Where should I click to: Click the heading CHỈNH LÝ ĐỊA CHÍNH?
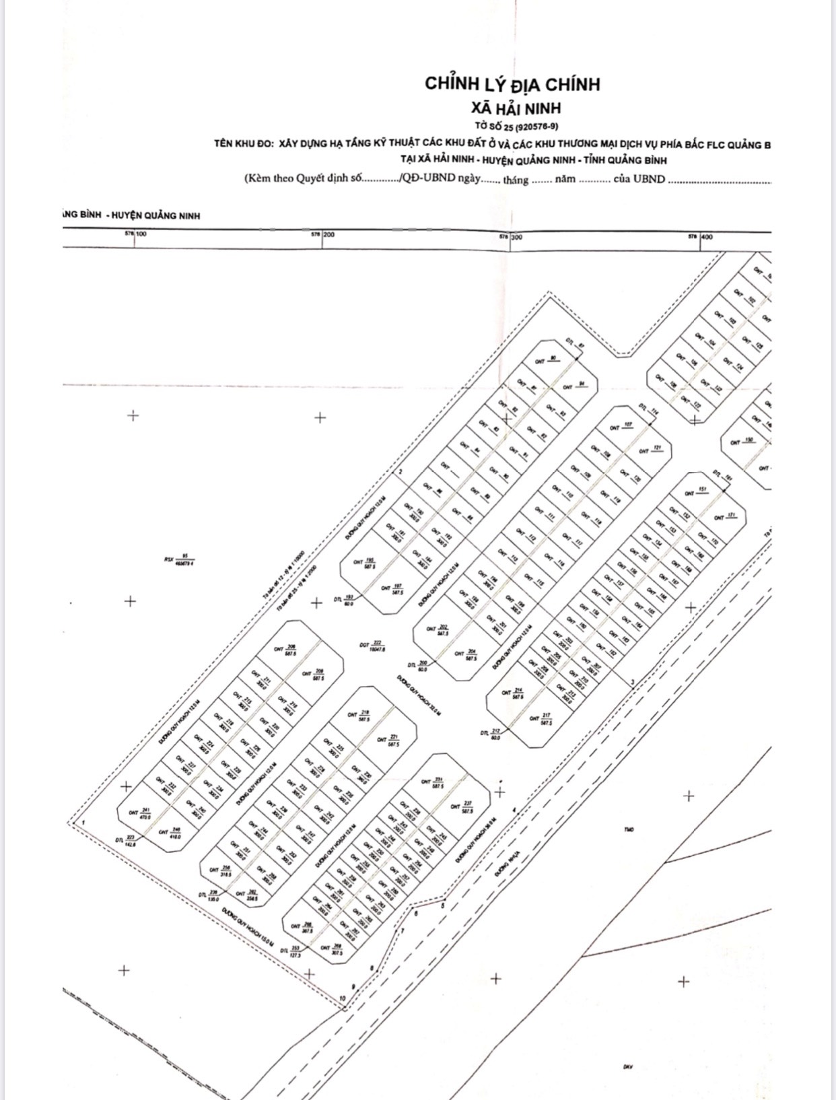click(x=512, y=84)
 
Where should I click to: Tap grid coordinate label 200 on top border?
click(x=328, y=235)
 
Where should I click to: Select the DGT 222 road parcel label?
click(x=372, y=646)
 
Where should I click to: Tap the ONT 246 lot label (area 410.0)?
click(x=170, y=832)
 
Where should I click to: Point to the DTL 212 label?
click(x=491, y=734)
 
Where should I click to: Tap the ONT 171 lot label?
click(x=726, y=517)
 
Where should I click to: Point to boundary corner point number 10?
click(x=343, y=998)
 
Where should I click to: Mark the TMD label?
click(x=629, y=829)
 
